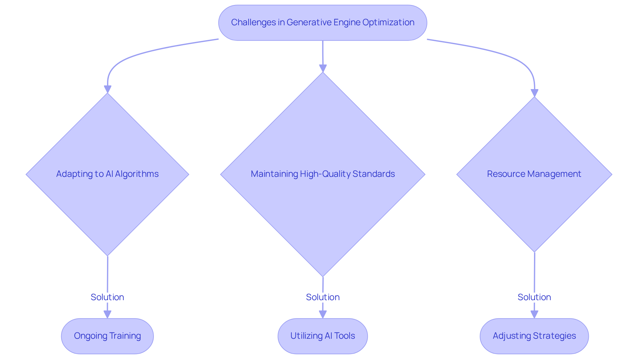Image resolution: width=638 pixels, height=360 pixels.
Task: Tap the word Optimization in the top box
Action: (388, 22)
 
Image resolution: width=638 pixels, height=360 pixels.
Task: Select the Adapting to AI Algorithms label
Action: (107, 174)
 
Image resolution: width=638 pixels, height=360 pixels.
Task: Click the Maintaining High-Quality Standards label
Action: (323, 174)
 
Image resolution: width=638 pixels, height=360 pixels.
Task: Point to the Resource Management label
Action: (534, 174)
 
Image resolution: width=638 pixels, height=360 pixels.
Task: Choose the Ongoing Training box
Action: (107, 336)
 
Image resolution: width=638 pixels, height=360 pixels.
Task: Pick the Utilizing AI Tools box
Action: (323, 336)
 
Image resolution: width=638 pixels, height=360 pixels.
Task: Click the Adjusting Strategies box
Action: (534, 336)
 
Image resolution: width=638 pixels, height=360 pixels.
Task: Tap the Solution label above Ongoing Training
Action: (107, 297)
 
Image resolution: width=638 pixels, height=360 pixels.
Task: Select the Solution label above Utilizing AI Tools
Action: (323, 297)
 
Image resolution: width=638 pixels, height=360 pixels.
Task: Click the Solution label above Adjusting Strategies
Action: (534, 297)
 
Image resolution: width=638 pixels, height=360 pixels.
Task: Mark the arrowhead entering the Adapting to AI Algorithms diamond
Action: (107, 89)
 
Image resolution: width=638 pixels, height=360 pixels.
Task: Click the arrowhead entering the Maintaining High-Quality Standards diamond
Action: (323, 68)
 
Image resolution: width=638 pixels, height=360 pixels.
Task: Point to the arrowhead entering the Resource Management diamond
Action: (534, 93)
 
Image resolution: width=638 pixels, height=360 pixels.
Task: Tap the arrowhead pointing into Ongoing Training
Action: (107, 314)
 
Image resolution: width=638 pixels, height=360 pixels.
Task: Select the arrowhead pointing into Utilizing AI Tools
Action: (323, 314)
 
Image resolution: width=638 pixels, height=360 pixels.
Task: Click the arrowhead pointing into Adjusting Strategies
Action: (534, 314)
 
